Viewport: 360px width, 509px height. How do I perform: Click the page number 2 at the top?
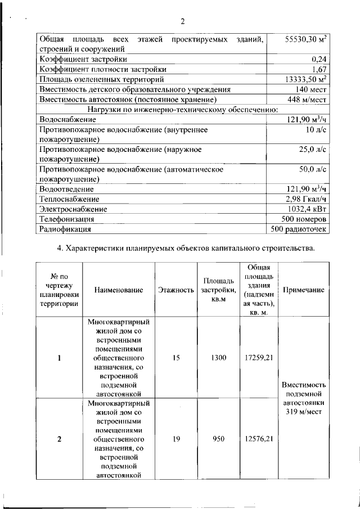pyautogui.click(x=182, y=22)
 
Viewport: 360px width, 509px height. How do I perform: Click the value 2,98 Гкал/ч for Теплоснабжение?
pyautogui.click(x=307, y=199)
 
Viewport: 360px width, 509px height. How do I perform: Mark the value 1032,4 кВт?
pyautogui.click(x=307, y=209)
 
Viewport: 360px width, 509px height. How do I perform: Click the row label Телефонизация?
pyautogui.click(x=67, y=219)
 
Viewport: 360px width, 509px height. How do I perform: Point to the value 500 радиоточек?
pyautogui.click(x=299, y=229)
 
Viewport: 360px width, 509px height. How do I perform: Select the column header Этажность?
pyautogui.click(x=176, y=290)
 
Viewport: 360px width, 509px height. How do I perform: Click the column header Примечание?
pyautogui.click(x=304, y=290)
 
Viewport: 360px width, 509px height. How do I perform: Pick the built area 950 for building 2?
pyautogui.click(x=219, y=439)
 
